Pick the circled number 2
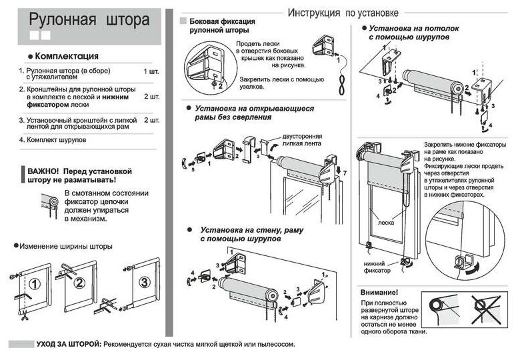pos(79,282)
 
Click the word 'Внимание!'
pos(379,293)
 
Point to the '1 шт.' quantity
pos(151,70)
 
